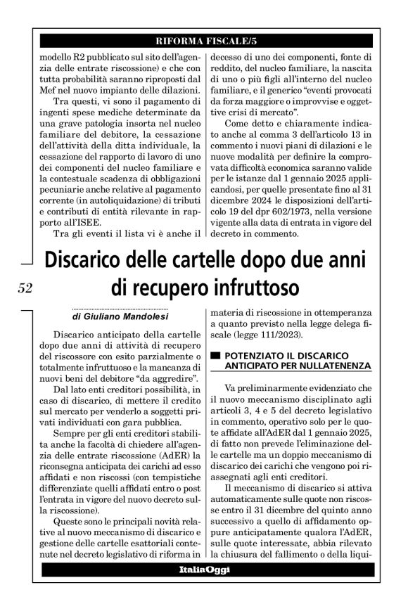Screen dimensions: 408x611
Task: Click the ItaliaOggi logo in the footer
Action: (x=203, y=569)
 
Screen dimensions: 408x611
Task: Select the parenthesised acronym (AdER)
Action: (x=167, y=435)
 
